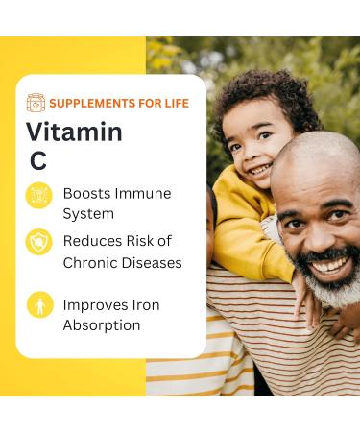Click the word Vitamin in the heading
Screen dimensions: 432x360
point(74,132)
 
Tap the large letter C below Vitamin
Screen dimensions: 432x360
point(37,161)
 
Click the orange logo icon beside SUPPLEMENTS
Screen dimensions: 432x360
point(36,103)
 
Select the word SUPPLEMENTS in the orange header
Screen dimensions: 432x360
point(92,103)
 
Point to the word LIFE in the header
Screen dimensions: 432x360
point(175,103)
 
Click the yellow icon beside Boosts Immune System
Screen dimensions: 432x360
point(38,195)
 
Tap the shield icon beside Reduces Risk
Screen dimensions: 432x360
point(38,241)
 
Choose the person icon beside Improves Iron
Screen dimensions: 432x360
point(38,306)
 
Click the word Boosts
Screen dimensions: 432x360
point(85,193)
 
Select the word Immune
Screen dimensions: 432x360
point(142,193)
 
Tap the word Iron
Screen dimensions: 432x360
point(143,304)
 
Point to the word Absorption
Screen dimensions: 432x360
point(102,325)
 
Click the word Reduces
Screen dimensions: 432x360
point(90,241)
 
